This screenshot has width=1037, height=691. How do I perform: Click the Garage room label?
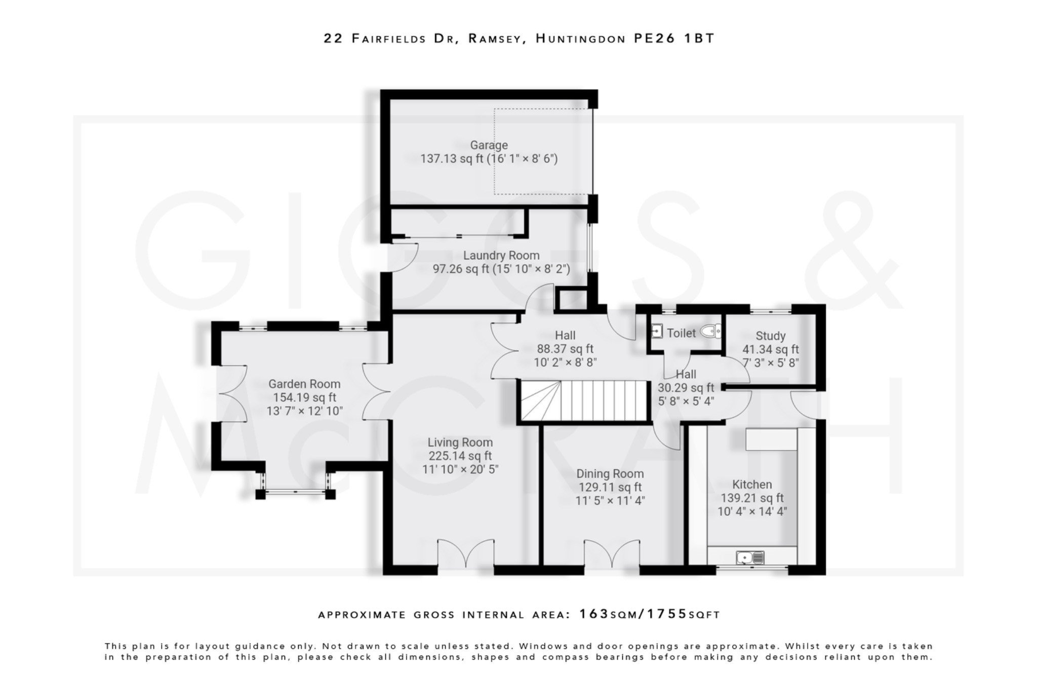[x=489, y=145]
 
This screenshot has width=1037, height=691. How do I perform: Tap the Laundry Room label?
[x=501, y=256]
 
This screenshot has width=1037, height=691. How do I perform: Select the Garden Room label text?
[x=304, y=384]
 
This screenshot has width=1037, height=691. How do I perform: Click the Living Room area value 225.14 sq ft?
[x=460, y=456]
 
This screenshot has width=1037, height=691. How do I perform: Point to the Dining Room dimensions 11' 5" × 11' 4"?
[x=610, y=501]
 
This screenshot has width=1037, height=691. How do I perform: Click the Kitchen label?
[x=752, y=484]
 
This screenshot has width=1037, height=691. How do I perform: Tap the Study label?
[x=770, y=336]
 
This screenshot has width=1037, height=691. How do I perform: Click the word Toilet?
[x=681, y=333]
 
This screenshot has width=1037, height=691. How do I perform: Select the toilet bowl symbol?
[x=710, y=332]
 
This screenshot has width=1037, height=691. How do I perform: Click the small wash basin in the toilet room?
[x=656, y=332]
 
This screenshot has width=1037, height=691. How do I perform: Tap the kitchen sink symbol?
[x=750, y=558]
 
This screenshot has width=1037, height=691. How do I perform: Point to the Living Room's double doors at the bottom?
[x=465, y=553]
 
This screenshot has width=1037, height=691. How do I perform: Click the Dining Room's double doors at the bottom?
[x=612, y=553]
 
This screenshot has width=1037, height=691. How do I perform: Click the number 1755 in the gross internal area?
[x=667, y=614]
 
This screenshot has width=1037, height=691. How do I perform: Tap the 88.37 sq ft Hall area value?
[x=565, y=349]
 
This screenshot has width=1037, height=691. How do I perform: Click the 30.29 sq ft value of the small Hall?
[x=686, y=388]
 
